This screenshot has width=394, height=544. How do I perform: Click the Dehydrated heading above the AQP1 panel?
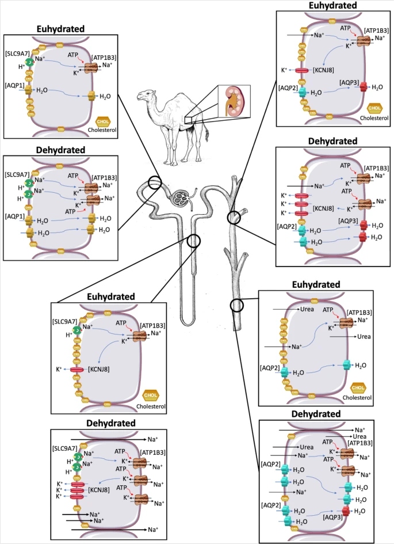click(x=61, y=150)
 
